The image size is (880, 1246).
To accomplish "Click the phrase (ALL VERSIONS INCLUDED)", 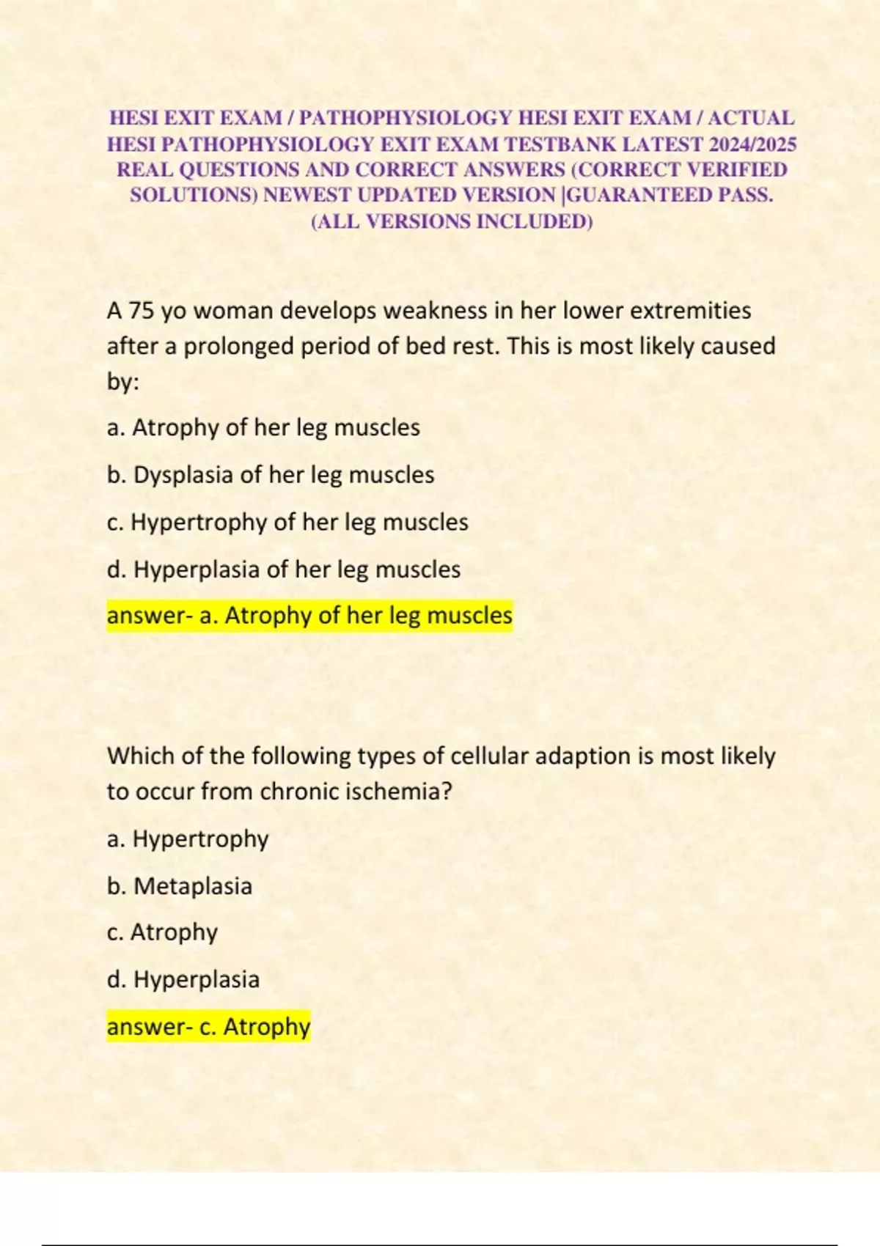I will [x=452, y=221].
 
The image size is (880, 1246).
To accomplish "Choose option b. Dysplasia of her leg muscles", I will [x=271, y=475].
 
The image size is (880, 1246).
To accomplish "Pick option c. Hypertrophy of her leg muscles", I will [x=287, y=522].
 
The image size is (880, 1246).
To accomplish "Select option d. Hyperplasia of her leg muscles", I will [x=284, y=569].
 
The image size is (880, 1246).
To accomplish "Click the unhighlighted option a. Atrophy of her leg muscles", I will [x=263, y=427].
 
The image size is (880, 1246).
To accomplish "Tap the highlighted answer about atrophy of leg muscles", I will [x=309, y=616].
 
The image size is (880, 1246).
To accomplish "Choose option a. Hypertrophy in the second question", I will [x=188, y=838].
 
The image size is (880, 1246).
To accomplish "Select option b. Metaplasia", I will [x=180, y=886].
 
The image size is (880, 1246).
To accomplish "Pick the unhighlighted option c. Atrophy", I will [x=162, y=932].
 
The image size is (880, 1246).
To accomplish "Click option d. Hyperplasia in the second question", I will [x=183, y=980].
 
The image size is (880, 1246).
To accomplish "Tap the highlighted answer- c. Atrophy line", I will [x=208, y=1027].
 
